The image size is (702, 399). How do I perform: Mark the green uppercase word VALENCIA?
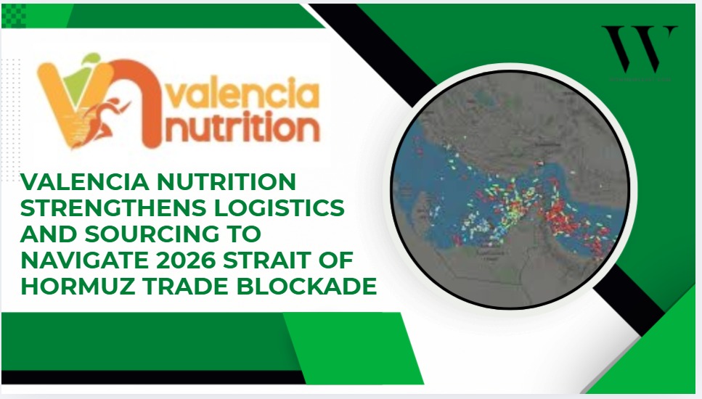91,182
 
